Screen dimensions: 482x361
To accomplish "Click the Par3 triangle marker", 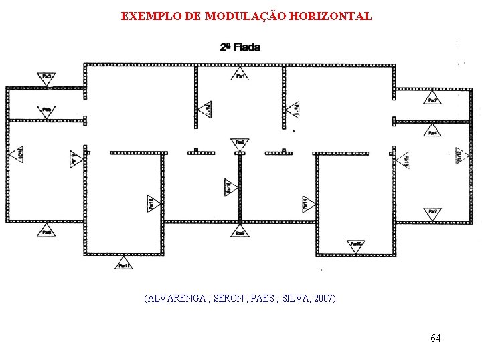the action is click(x=47, y=79).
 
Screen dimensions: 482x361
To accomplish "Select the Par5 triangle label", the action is click(x=47, y=110).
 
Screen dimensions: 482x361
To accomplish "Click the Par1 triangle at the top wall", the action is click(x=240, y=78).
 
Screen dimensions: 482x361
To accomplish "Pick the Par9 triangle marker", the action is click(x=240, y=232).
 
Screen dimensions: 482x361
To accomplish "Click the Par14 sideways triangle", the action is click(x=306, y=204).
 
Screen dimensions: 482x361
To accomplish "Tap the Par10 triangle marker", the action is click(x=356, y=245).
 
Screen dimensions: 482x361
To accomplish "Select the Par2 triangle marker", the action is click(x=433, y=100).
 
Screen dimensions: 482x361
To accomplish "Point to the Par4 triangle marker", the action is click(x=433, y=132).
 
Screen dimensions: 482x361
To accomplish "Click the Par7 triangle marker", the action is click(x=433, y=213).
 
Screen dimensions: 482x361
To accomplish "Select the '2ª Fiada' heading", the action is click(x=240, y=47).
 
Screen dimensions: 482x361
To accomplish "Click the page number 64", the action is click(x=435, y=338).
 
